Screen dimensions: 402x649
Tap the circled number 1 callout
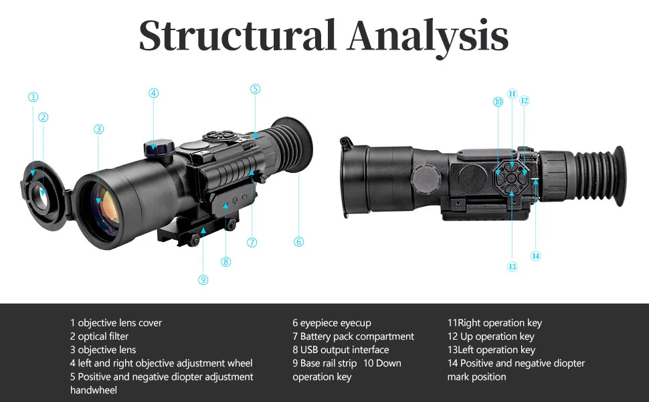[x=33, y=97]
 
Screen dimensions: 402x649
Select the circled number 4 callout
[x=154, y=93]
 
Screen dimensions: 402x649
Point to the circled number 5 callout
[x=256, y=89]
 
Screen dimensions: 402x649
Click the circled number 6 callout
[x=298, y=242]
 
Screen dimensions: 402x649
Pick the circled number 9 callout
[x=203, y=280]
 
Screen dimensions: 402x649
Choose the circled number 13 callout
[x=513, y=267]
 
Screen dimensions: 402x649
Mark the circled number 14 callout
[x=535, y=255]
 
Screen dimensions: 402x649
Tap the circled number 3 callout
[x=99, y=129]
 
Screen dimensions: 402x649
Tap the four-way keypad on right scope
[x=512, y=177]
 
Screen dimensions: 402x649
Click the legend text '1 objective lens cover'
[x=116, y=323]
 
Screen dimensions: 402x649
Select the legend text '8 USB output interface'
[x=341, y=350]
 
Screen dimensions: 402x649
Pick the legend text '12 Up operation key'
[x=491, y=336]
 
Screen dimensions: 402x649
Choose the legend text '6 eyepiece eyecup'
[x=331, y=323]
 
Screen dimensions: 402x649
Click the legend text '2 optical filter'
[x=99, y=336]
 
